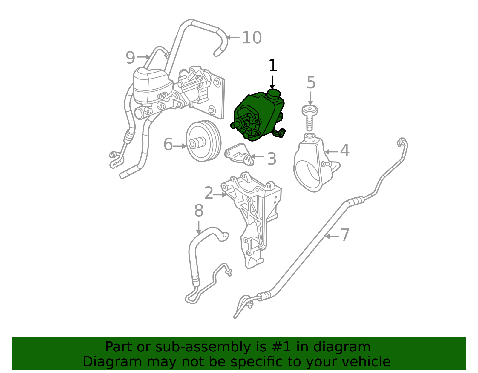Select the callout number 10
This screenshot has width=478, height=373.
pyautogui.click(x=252, y=38)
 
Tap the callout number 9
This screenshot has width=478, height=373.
pyautogui.click(x=130, y=58)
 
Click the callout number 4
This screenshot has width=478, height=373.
pyautogui.click(x=345, y=151)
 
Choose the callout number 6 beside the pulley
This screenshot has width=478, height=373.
pyautogui.click(x=168, y=145)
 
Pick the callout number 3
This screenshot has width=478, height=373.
pyautogui.click(x=271, y=159)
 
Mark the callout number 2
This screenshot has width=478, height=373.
pyautogui.click(x=209, y=193)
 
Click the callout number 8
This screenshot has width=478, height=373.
pyautogui.click(x=199, y=211)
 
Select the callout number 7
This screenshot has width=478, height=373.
pyautogui.click(x=345, y=235)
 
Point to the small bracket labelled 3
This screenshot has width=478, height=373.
pyautogui.click(x=239, y=154)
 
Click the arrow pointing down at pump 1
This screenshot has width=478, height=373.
pyautogui.click(x=272, y=82)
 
